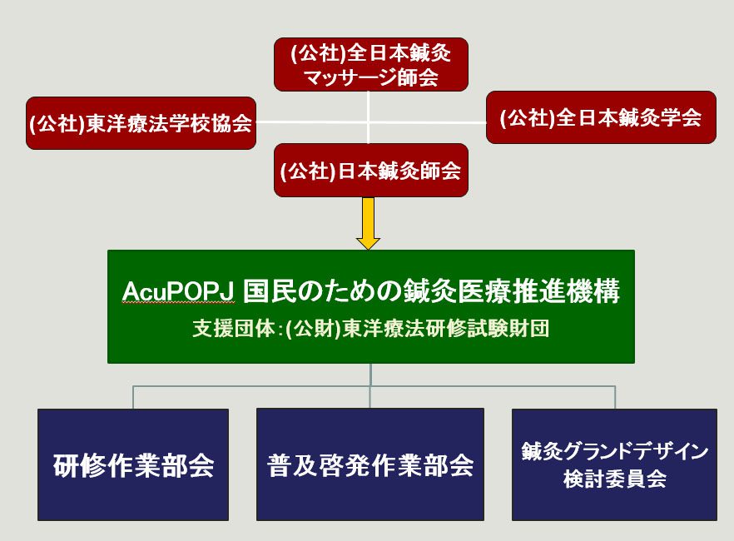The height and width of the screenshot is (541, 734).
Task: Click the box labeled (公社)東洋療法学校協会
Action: pyautogui.click(x=141, y=123)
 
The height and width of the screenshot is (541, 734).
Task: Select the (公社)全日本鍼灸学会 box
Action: pyautogui.click(x=601, y=117)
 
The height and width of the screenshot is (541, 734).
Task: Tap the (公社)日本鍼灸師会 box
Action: pyautogui.click(x=371, y=170)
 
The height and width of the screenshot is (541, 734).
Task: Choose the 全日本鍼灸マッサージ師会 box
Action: pyautogui.click(x=371, y=65)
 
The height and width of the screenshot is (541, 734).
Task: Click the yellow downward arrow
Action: pyautogui.click(x=369, y=223)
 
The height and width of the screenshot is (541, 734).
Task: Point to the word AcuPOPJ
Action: pyautogui.click(x=178, y=291)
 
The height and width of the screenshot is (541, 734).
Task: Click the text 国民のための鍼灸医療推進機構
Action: pyautogui.click(x=432, y=291)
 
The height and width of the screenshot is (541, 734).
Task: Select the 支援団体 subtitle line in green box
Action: pyautogui.click(x=371, y=329)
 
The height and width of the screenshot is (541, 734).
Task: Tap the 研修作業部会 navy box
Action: pyautogui.click(x=133, y=464)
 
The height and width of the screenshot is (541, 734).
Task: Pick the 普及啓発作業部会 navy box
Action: pyautogui.click(x=369, y=464)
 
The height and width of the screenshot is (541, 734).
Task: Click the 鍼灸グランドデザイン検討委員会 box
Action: pyautogui.click(x=614, y=464)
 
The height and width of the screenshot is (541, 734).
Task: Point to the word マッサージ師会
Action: pyautogui.click(x=371, y=77)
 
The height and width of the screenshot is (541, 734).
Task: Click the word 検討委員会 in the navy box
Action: pyautogui.click(x=615, y=479)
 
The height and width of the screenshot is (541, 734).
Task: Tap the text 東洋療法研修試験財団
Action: pyautogui.click(x=446, y=329)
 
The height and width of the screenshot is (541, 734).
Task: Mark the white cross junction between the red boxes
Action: pyautogui.click(x=369, y=122)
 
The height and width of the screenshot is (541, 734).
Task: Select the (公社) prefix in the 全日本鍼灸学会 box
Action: pyautogui.click(x=528, y=117)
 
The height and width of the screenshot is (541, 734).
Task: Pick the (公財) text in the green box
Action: pyautogui.click(x=314, y=329)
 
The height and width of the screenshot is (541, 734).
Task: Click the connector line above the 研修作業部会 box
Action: pyautogui.click(x=133, y=397)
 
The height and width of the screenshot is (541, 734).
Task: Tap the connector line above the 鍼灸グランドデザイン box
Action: pyautogui.click(x=615, y=397)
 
